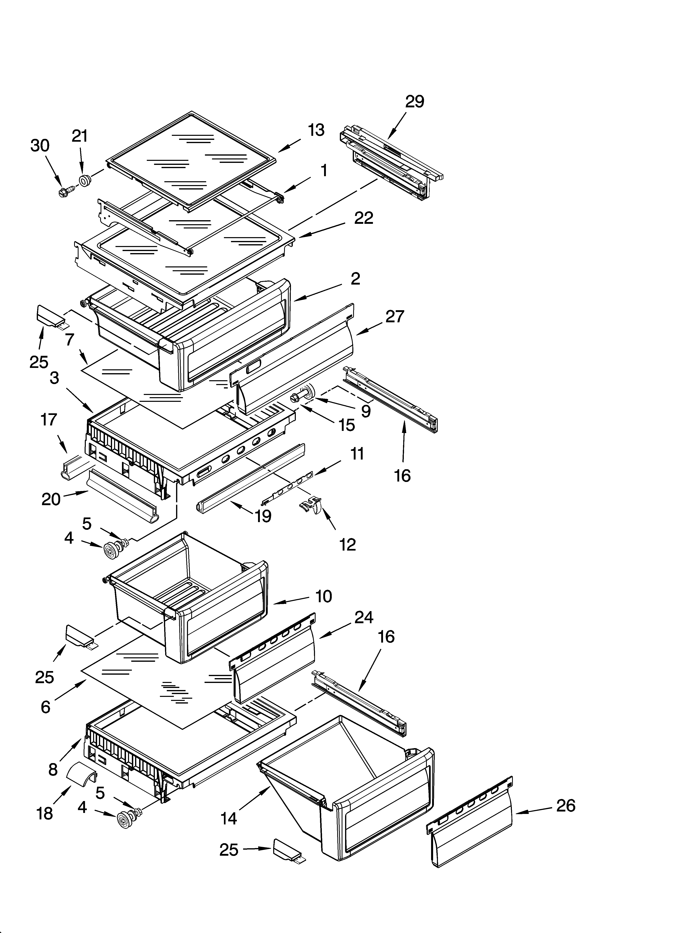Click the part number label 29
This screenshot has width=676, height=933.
pyautogui.click(x=415, y=101)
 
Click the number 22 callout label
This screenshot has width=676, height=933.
pyautogui.click(x=363, y=218)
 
